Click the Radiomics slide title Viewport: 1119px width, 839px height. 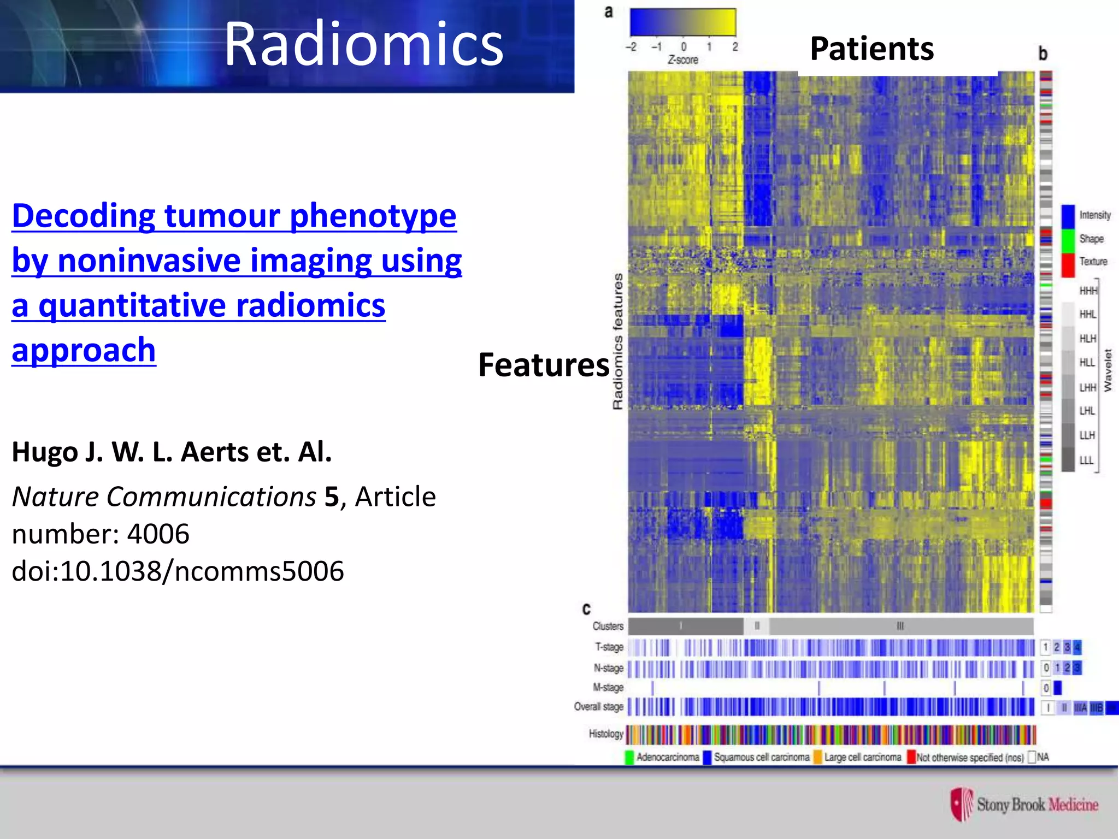(363, 45)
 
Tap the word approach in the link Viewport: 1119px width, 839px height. (84, 350)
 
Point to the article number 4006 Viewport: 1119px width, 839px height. (158, 534)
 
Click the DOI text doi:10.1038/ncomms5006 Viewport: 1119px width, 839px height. (178, 571)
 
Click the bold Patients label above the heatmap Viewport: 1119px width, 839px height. (871, 49)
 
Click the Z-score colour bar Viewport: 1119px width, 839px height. (682, 22)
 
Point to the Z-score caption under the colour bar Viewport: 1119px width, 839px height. (682, 60)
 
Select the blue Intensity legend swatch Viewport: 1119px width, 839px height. (1068, 216)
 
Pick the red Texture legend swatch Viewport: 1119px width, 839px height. (1068, 264)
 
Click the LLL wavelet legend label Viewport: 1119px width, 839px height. (1086, 460)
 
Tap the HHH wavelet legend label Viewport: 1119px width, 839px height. (1087, 291)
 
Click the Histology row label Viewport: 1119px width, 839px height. (605, 734)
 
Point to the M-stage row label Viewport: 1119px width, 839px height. (608, 687)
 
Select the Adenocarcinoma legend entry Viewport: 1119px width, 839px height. (667, 757)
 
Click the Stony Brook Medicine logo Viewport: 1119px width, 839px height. (1024, 805)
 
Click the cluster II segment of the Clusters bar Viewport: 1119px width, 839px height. (757, 626)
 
